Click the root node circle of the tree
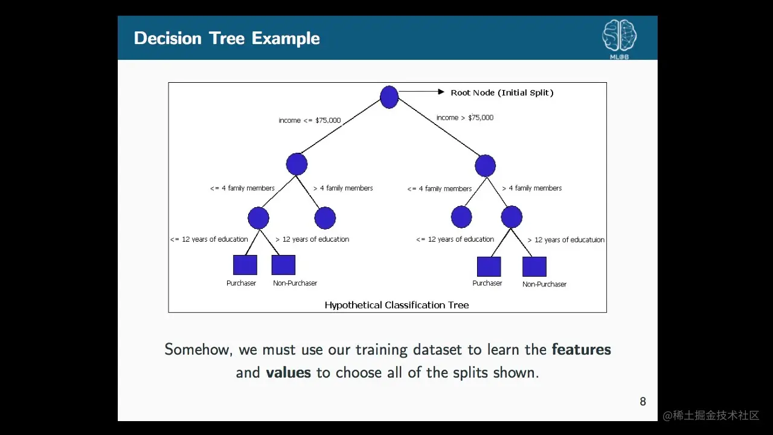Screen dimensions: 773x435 tap(389, 97)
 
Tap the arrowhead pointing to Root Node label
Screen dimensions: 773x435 tap(441, 91)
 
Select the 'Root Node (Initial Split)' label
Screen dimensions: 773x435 tap(502, 92)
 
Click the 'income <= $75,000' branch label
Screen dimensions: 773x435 tap(310, 120)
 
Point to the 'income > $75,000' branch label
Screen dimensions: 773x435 tap(465, 117)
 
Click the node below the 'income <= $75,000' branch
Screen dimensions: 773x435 tap(297, 164)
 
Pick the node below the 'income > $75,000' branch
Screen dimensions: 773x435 tap(485, 166)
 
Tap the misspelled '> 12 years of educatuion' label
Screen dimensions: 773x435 tap(566, 240)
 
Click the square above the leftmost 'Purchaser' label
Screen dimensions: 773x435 tap(245, 265)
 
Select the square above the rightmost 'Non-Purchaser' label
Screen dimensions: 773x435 tap(534, 266)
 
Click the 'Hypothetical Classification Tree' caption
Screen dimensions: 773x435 tap(397, 305)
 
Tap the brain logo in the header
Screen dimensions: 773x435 tap(620, 35)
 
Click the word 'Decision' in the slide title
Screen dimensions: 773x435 tap(168, 38)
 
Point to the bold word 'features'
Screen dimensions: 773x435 tap(582, 349)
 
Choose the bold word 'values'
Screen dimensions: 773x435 tap(289, 373)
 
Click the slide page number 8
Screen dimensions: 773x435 tap(643, 402)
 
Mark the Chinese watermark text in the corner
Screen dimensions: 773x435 tap(711, 415)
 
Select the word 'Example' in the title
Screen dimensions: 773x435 tap(286, 39)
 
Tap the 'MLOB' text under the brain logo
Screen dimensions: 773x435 tap(620, 57)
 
